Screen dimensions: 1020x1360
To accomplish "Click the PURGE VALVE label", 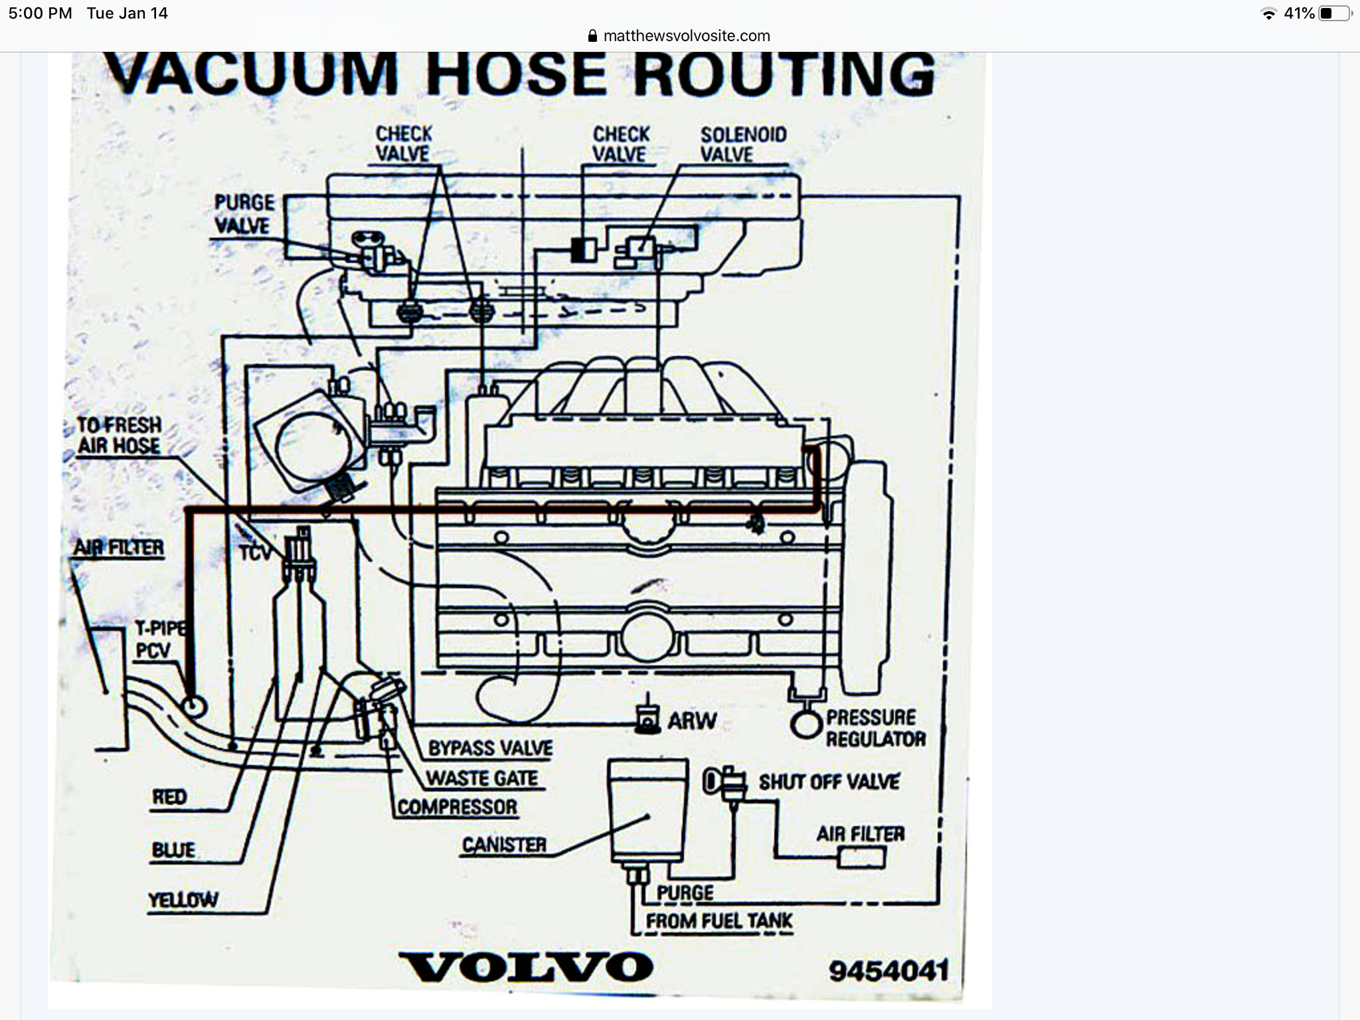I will pyautogui.click(x=243, y=214).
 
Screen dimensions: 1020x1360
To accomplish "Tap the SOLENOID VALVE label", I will pyautogui.click(x=742, y=144).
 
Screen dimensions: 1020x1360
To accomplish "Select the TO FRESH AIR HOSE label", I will pyautogui.click(x=120, y=435).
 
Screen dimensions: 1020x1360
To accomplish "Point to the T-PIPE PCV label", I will pyautogui.click(x=157, y=639).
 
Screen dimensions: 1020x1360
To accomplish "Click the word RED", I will pyautogui.click(x=169, y=797).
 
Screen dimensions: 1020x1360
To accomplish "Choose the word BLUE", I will pyautogui.click(x=173, y=850).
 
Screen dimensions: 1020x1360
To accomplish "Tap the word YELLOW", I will pyautogui.click(x=183, y=900).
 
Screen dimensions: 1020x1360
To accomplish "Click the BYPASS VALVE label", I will pyautogui.click(x=490, y=748).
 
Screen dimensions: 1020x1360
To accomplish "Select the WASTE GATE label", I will pyautogui.click(x=482, y=778).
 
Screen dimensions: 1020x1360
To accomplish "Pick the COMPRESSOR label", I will pyautogui.click(x=458, y=807).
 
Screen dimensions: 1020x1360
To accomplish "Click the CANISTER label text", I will pyautogui.click(x=504, y=845).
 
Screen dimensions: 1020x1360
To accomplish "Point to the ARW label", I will pyautogui.click(x=692, y=721).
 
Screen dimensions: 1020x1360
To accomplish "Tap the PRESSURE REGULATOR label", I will pyautogui.click(x=875, y=728).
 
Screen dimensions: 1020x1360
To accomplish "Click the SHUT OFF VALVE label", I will pyautogui.click(x=829, y=782).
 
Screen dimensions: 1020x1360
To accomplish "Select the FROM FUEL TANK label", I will pyautogui.click(x=719, y=921).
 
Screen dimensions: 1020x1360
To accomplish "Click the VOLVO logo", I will pyautogui.click(x=526, y=967).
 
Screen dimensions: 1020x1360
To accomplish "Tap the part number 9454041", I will pyautogui.click(x=889, y=972).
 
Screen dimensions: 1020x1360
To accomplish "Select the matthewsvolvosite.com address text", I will pyautogui.click(x=686, y=36).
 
